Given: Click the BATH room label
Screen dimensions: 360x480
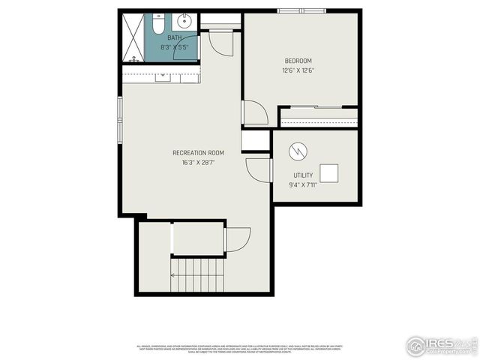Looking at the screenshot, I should [x=175, y=37].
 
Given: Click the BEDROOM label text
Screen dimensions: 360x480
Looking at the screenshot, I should [x=298, y=61].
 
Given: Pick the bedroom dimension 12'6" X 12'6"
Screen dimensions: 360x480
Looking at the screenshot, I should [x=298, y=70].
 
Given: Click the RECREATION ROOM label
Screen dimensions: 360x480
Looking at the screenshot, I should [x=198, y=153].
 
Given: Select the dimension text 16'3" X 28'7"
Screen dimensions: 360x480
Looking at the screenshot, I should [x=198, y=163].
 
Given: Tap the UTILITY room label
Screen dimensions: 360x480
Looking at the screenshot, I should [x=304, y=175].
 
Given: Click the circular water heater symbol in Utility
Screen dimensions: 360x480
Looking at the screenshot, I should [x=298, y=151].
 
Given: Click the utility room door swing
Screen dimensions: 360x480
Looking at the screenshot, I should [x=258, y=170].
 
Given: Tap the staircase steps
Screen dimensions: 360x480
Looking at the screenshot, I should [x=198, y=274].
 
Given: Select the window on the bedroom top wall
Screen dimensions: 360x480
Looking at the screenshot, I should [x=301, y=10].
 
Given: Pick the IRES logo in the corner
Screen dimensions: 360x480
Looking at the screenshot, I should [x=440, y=345].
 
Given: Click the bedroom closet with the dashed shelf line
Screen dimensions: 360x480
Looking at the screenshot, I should [x=318, y=117].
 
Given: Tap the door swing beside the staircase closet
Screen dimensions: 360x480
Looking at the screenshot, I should [x=238, y=239].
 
